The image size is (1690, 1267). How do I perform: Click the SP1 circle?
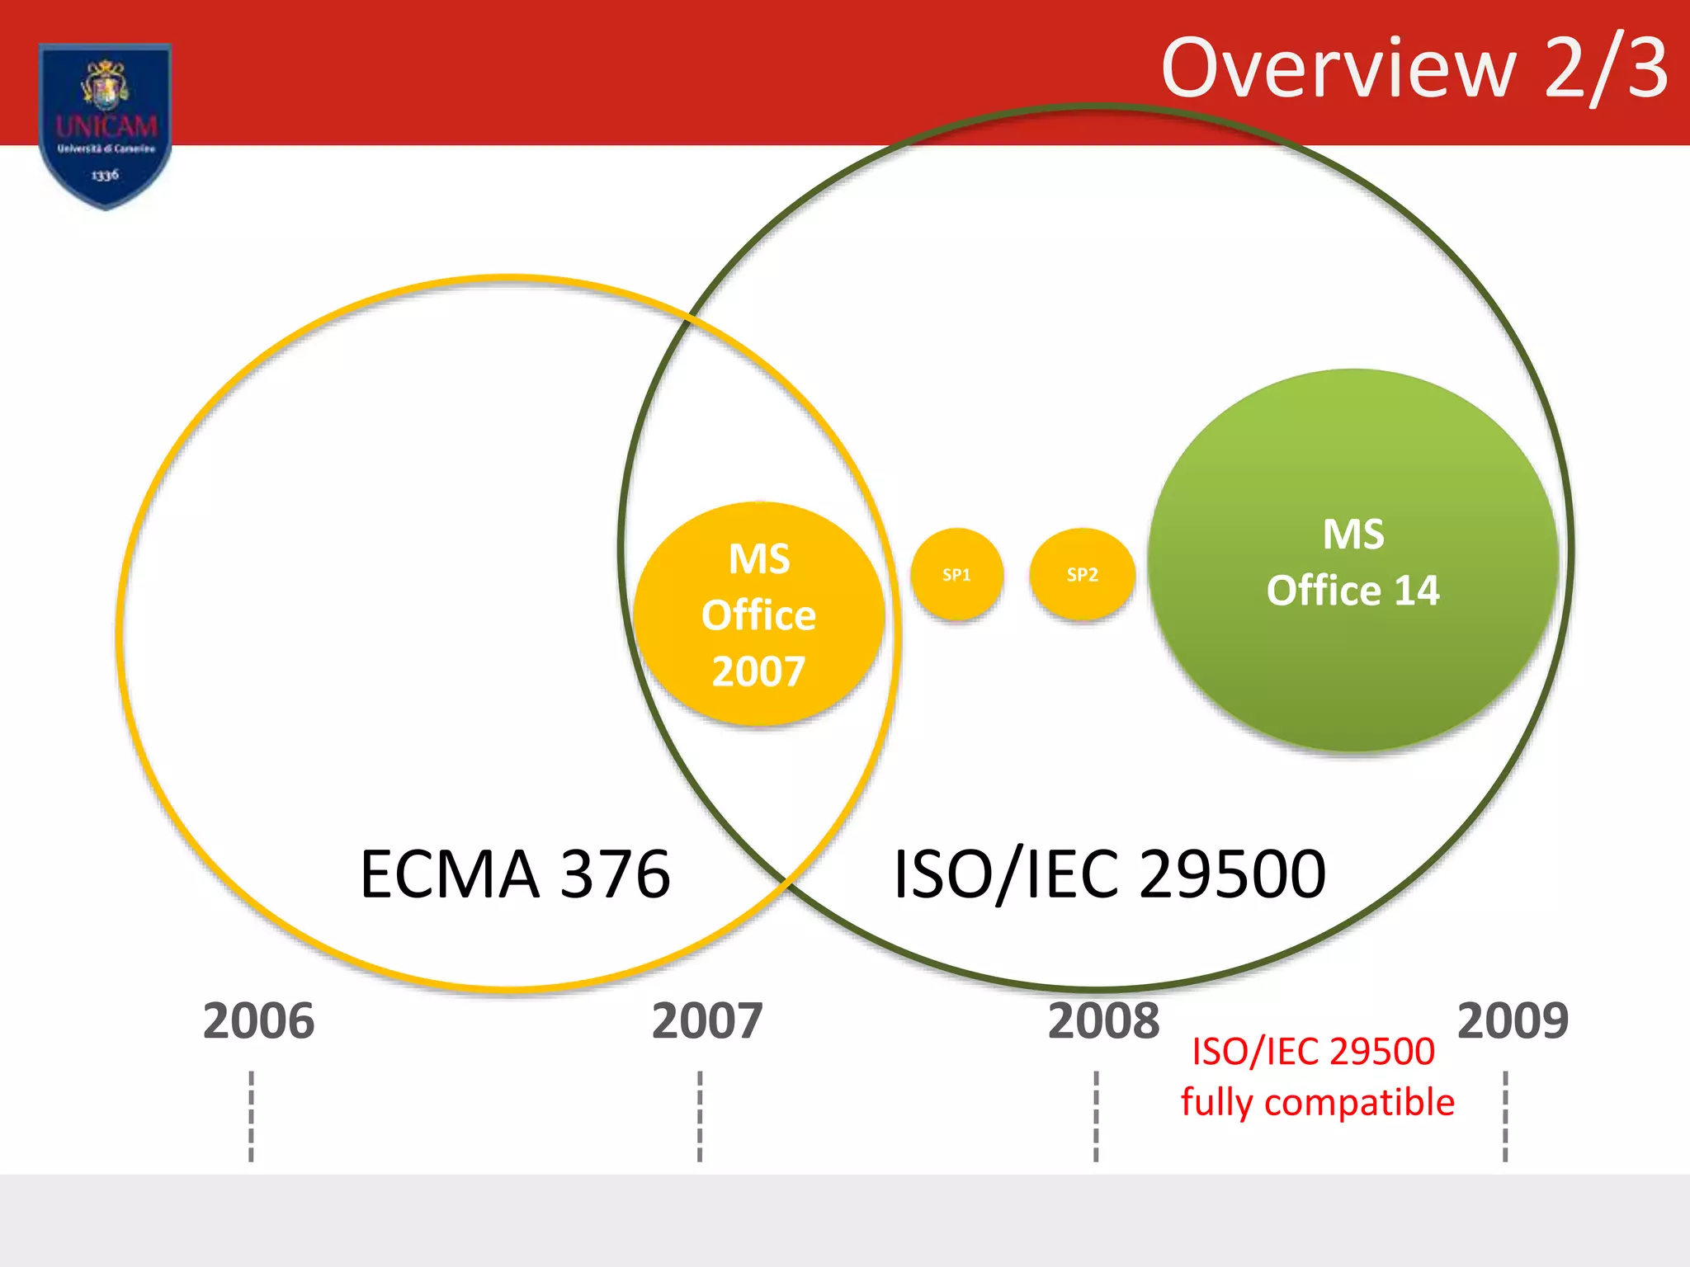click(x=956, y=574)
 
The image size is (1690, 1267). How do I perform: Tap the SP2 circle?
click(x=1082, y=574)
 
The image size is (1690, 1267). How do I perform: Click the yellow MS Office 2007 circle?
click(x=758, y=615)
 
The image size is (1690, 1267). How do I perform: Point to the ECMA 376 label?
click(x=515, y=874)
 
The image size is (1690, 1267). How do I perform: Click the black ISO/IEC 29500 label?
click(x=1109, y=874)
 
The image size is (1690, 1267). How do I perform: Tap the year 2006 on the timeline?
click(x=258, y=1021)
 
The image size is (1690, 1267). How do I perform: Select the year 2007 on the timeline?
click(x=707, y=1021)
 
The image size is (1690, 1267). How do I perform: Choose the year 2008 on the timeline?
click(x=1103, y=1021)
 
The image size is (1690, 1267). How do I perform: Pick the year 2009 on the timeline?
click(x=1513, y=1021)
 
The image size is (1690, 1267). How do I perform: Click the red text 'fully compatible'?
click(x=1317, y=1103)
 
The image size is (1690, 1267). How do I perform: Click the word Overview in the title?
click(x=1338, y=69)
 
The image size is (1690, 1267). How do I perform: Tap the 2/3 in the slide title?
click(x=1605, y=69)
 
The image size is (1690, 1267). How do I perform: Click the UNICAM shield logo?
click(x=106, y=124)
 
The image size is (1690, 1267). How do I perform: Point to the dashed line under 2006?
click(x=251, y=1115)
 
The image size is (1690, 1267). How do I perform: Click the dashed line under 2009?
click(x=1505, y=1115)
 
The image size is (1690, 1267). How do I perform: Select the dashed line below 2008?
click(x=1096, y=1115)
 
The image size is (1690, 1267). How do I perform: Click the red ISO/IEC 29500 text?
click(x=1313, y=1052)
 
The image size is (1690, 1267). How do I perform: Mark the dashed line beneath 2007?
click(x=700, y=1115)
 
